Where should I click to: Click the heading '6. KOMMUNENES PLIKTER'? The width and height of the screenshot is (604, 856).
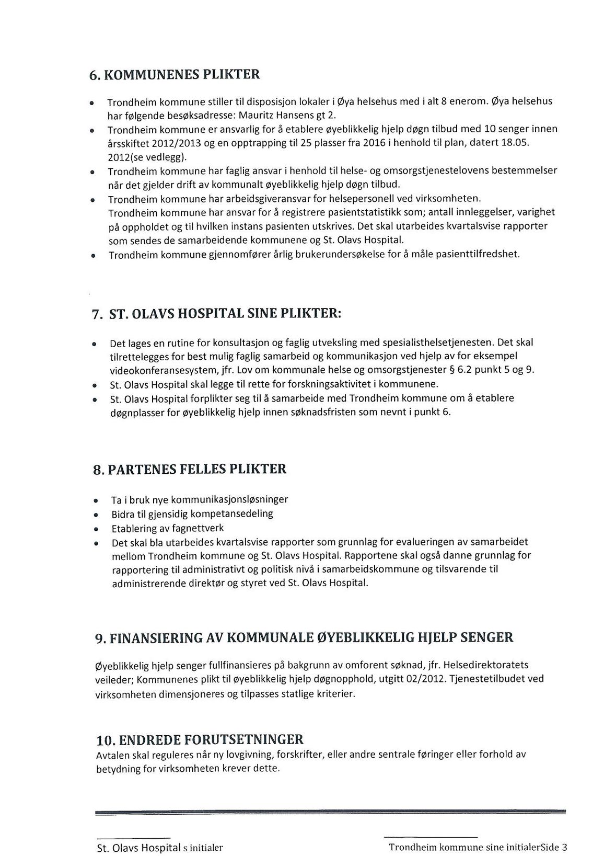(174, 74)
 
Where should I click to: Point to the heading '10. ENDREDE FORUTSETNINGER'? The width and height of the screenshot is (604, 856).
(200, 739)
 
